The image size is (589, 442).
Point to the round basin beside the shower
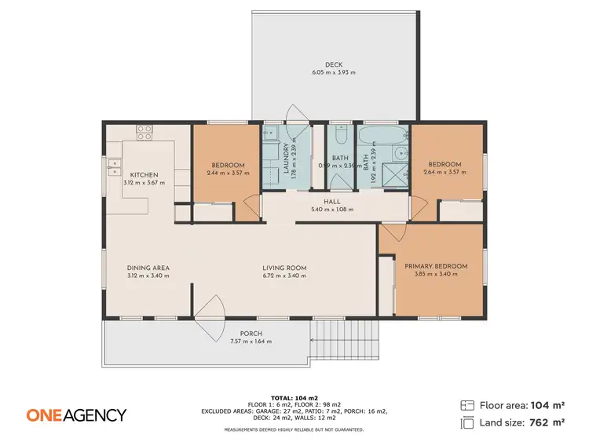[x=400, y=154]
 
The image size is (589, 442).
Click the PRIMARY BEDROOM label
[x=436, y=266]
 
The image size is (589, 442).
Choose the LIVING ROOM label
[x=284, y=268]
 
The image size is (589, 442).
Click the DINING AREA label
[x=148, y=268]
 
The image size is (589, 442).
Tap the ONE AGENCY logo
[x=76, y=415]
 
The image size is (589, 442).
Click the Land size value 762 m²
[x=549, y=422]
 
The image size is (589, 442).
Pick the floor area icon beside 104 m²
[x=467, y=405]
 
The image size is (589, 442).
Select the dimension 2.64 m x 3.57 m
[x=444, y=173]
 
